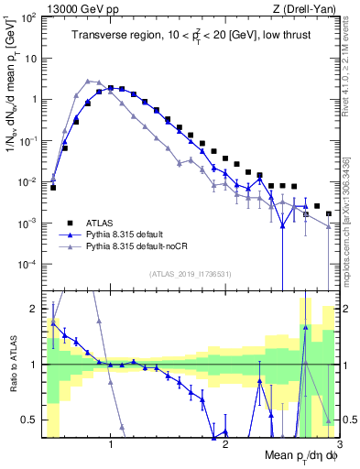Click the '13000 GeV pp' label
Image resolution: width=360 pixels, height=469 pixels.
73,8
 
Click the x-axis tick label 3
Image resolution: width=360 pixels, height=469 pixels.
338,444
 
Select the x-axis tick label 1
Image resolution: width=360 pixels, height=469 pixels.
111,444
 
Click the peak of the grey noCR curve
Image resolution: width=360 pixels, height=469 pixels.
88,81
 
